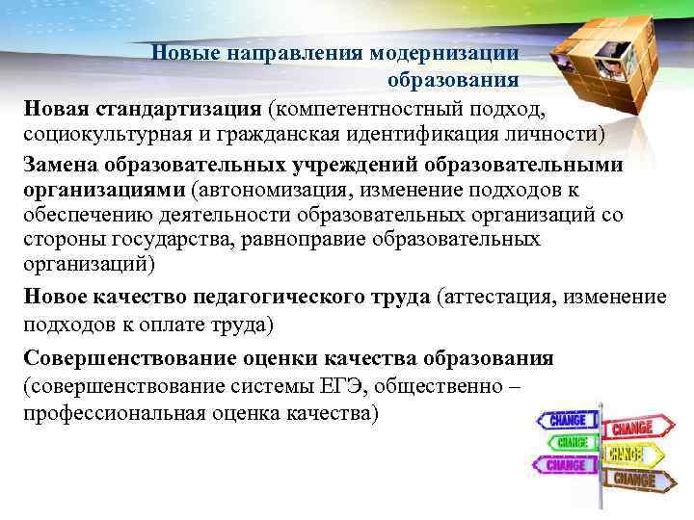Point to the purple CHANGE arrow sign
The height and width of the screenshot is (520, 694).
(x=568, y=465)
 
